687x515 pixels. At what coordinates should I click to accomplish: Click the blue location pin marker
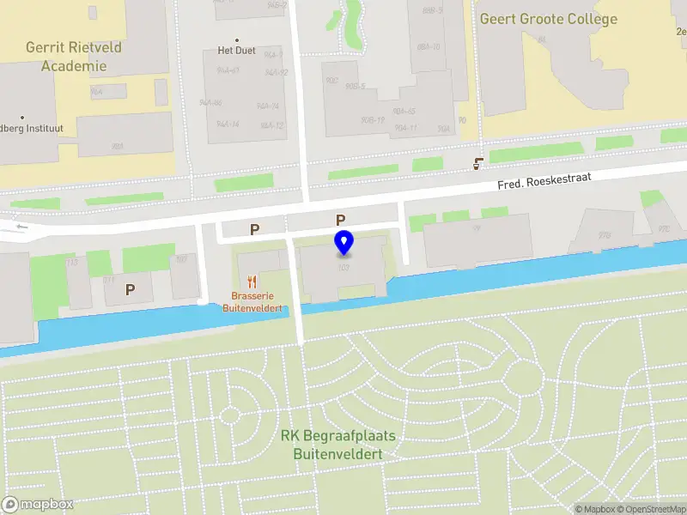pyautogui.click(x=344, y=242)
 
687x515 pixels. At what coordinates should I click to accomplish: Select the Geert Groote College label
pyautogui.click(x=548, y=19)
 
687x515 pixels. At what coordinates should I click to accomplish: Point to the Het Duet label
pyautogui.click(x=238, y=51)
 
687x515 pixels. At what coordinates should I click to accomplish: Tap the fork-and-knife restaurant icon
pyautogui.click(x=252, y=281)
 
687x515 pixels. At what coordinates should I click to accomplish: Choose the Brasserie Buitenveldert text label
pyautogui.click(x=253, y=301)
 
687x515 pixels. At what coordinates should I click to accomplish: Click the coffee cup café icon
pyautogui.click(x=479, y=162)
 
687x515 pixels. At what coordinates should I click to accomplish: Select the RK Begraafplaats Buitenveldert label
pyautogui.click(x=338, y=444)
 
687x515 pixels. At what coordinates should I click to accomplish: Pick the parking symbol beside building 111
pyautogui.click(x=130, y=289)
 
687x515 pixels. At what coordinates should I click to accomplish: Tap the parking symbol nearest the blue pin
pyautogui.click(x=340, y=220)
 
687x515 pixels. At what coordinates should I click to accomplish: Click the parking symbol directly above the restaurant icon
pyautogui.click(x=254, y=229)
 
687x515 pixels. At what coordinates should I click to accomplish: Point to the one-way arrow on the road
pyautogui.click(x=21, y=227)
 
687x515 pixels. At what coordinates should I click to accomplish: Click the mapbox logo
pyautogui.click(x=37, y=505)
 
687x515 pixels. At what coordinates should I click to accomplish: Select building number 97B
pyautogui.click(x=605, y=234)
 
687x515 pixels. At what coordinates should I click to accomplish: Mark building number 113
pyautogui.click(x=71, y=262)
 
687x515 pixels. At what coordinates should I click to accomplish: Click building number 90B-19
pyautogui.click(x=372, y=119)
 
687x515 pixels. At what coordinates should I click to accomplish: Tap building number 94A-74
pyautogui.click(x=268, y=106)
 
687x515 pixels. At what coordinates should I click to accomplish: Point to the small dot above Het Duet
pyautogui.click(x=237, y=40)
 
